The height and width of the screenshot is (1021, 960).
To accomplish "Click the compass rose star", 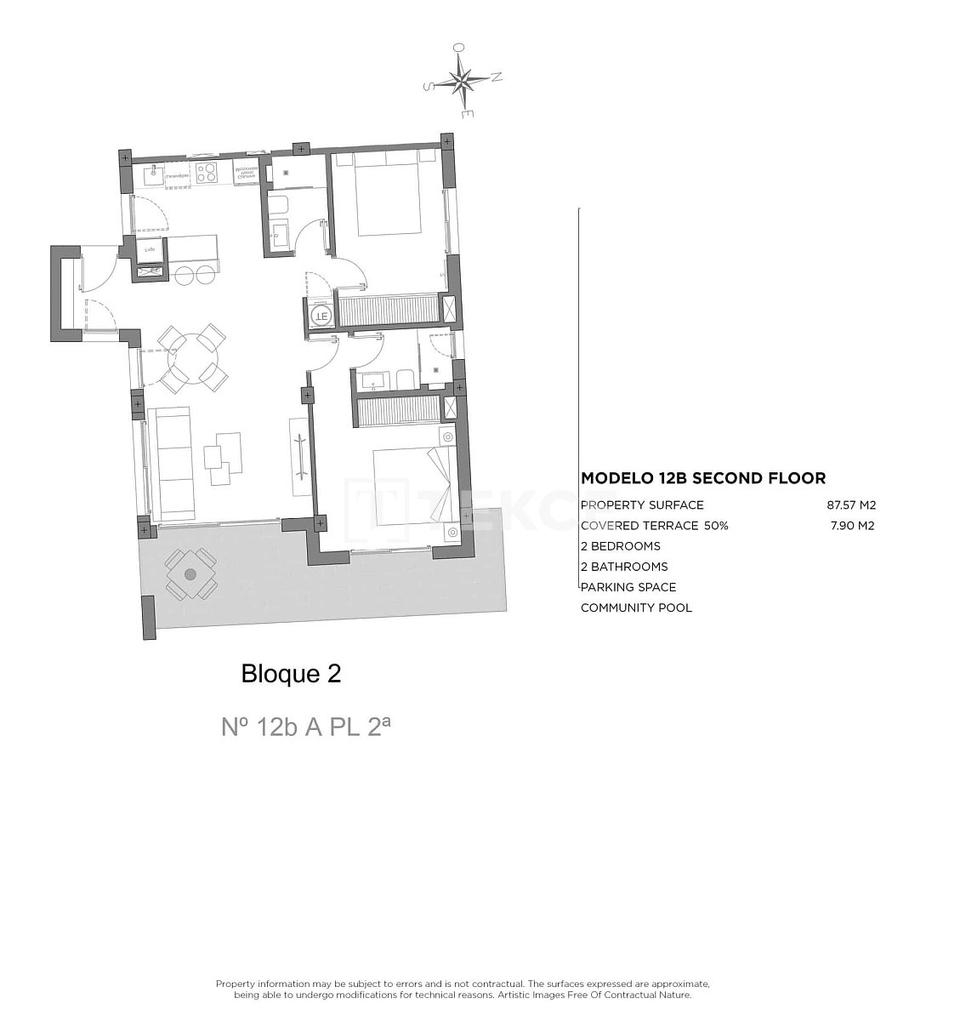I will pos(463,82).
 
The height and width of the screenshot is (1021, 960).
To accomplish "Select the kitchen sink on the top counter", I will pos(154,174).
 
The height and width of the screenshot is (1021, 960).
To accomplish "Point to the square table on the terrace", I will pos(190,575).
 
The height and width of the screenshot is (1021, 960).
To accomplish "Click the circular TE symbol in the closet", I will pos(320,315).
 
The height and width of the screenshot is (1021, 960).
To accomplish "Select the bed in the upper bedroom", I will pos(388,194).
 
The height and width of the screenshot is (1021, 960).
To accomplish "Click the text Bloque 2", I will pos(291,674).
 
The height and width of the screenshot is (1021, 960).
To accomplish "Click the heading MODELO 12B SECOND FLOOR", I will pos(702,479).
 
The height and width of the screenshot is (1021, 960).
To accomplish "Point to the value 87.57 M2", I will pos(850,505).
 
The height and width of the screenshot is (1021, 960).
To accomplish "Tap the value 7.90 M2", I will pos(852,526).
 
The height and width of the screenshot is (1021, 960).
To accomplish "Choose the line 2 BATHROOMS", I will pos(624,567).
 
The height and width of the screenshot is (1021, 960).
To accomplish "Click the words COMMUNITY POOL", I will pos(636,607).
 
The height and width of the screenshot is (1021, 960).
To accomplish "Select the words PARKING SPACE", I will pos(628,587).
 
